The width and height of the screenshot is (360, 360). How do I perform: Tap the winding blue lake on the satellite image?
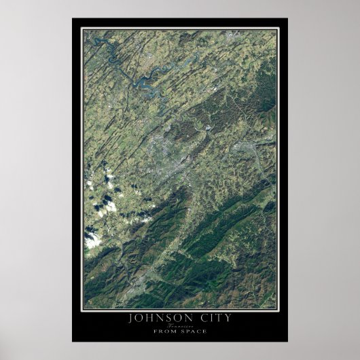(146, 82)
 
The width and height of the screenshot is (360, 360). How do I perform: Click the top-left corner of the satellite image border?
(82, 29)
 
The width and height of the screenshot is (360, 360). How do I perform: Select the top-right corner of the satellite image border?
(276, 29)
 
